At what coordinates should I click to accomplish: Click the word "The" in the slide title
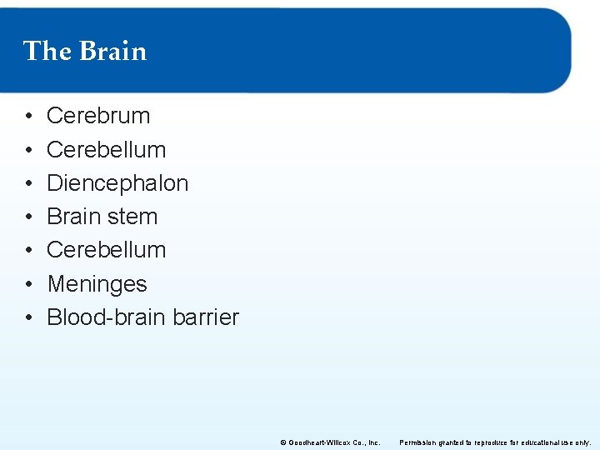tap(47, 52)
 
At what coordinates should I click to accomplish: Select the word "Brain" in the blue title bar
tap(113, 52)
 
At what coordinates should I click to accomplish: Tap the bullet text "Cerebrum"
tap(98, 116)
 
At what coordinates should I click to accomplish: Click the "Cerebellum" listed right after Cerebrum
tap(106, 149)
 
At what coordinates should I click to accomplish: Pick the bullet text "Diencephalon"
tap(117, 182)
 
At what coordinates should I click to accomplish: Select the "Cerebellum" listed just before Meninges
tap(106, 250)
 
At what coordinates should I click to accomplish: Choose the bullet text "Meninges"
tap(97, 284)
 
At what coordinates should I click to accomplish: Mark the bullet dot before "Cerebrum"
tap(28, 117)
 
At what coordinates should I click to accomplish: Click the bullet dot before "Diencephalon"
tap(28, 183)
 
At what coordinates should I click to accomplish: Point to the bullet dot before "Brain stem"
tap(28, 217)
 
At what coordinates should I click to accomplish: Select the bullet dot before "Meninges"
tap(28, 284)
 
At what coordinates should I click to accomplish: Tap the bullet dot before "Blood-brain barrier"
tap(28, 317)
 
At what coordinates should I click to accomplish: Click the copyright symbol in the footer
tap(283, 442)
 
